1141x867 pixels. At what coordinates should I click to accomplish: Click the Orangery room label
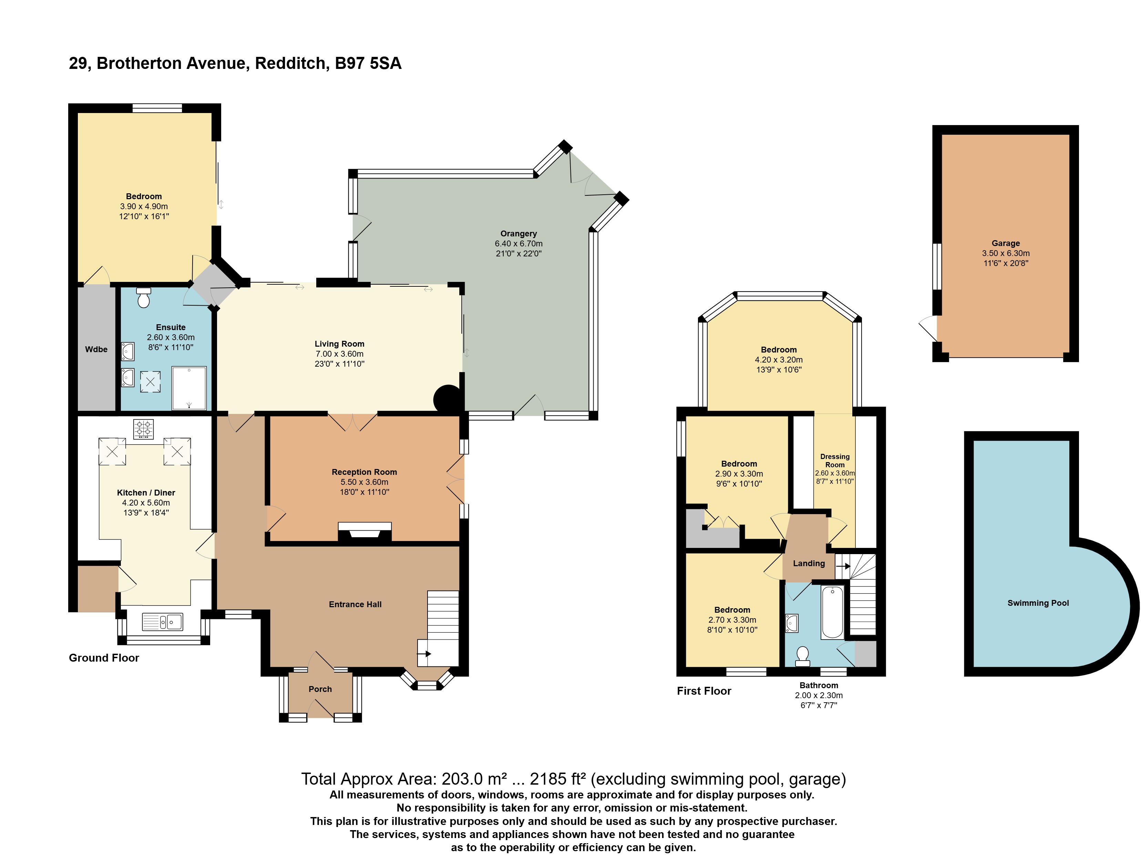[x=518, y=233]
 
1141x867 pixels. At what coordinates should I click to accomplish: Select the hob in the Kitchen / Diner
[x=143, y=429]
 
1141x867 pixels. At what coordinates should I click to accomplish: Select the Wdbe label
[x=96, y=349]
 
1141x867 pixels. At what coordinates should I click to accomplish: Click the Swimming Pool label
[x=1038, y=603]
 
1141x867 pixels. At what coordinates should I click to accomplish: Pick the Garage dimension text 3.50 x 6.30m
[x=1005, y=253]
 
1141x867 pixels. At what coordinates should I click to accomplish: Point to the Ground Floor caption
[x=104, y=658]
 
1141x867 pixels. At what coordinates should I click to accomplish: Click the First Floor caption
[x=704, y=691]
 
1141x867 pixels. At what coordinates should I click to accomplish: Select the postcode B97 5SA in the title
[x=368, y=63]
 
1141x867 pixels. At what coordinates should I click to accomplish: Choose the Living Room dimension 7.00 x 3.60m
[x=339, y=354]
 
